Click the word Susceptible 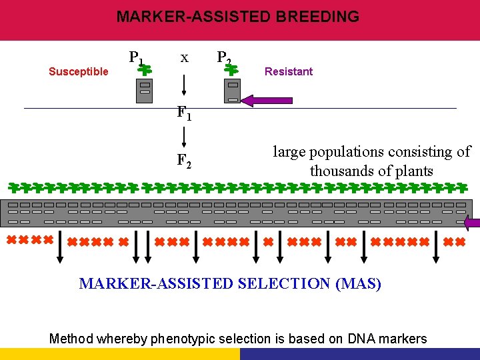pos(79,72)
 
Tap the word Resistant pos(289,72)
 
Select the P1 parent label pos(136,57)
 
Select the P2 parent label pos(224,58)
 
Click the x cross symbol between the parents pos(183,58)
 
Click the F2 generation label pos(184,161)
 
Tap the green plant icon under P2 pos(232,67)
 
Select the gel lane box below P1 pos(145,90)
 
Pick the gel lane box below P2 pos(232,90)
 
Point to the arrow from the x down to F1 pos(183,86)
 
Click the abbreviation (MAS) pos(359,283)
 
